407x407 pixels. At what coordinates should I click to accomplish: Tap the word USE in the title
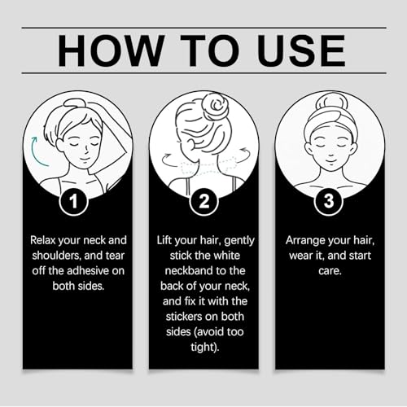pos(301,50)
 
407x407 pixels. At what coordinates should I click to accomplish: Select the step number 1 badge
pos(73,201)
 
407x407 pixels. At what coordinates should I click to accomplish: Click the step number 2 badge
pos(203,201)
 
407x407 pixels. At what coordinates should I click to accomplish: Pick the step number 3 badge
pos(329,201)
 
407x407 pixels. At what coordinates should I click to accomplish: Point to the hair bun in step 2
pos(215,105)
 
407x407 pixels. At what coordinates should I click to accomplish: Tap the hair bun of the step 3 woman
pos(330,102)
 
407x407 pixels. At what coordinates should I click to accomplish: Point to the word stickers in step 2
pos(184,317)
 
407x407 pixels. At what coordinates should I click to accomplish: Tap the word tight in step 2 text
pos(202,348)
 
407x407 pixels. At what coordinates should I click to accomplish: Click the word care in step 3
pos(328,271)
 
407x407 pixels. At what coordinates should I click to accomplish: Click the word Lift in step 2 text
pos(164,240)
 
